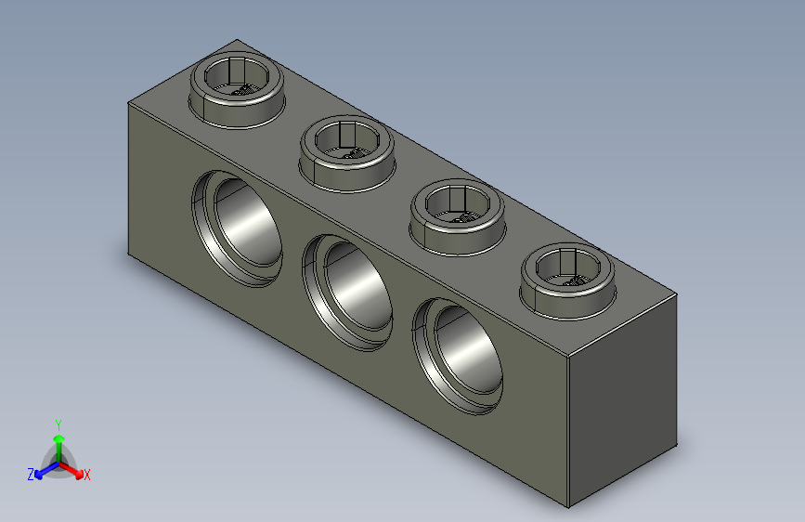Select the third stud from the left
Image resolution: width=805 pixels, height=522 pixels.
pos(458,214)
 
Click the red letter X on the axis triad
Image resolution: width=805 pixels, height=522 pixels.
pos(86,476)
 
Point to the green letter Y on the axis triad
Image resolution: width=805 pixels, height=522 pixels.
pos(58,422)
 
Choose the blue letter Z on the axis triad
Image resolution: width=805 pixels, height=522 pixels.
pos(31,475)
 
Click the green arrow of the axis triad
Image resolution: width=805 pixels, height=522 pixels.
pos(58,438)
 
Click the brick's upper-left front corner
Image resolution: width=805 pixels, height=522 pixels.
pos(128,103)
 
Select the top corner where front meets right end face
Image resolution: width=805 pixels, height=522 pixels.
pos(568,358)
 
